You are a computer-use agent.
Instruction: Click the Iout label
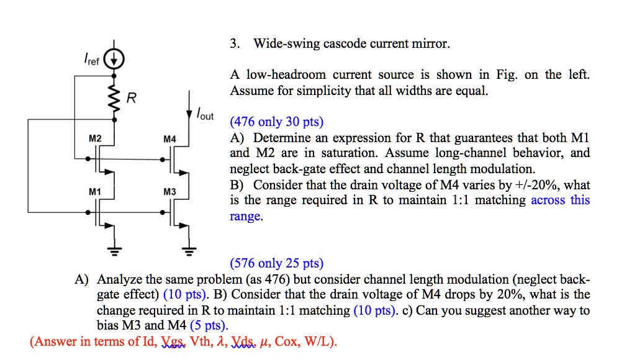coord(204,115)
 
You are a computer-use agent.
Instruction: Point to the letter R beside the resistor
coord(131,98)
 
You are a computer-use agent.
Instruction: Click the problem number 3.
coord(233,44)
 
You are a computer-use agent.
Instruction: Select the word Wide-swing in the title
coord(284,44)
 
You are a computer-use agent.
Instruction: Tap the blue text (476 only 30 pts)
coord(277,122)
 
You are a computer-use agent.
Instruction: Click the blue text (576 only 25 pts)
coord(277,263)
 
